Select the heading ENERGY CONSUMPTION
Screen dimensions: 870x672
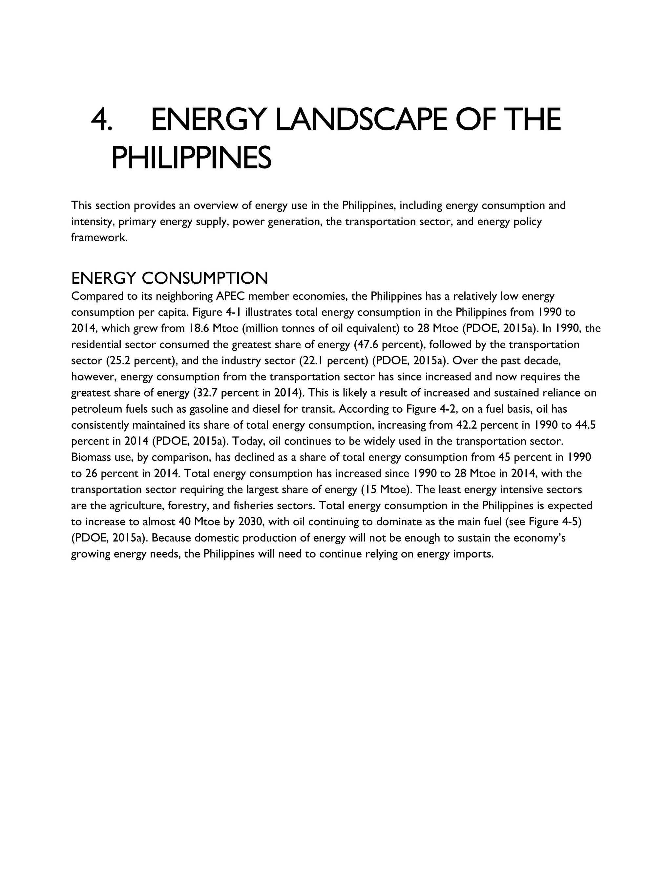point(170,278)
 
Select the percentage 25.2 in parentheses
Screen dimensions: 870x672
point(117,360)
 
